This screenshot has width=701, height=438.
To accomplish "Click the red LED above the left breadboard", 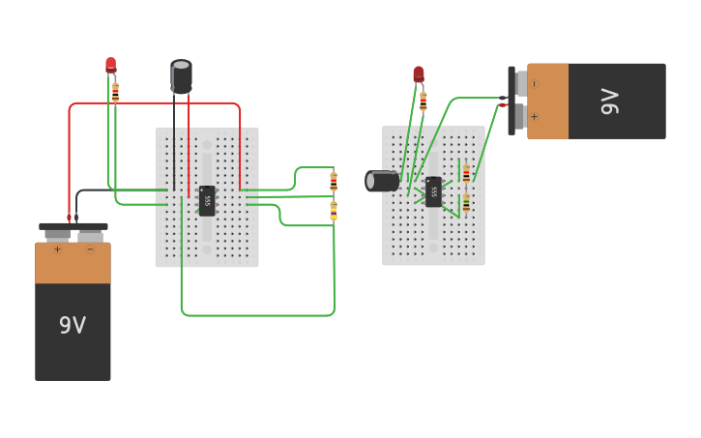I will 110,65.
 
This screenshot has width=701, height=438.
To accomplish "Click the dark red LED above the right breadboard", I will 419,73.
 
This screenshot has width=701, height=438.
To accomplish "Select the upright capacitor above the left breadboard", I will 181,76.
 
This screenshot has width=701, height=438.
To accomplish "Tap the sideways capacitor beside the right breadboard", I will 382,181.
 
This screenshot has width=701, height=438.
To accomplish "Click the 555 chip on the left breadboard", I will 207,200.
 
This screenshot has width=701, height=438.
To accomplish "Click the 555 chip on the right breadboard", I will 433,191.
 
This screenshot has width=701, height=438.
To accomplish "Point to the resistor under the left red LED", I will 115,93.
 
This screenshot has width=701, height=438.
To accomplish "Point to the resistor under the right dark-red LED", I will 423,102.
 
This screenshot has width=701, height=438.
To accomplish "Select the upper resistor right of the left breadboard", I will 334,181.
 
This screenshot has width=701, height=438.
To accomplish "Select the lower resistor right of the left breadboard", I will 334,210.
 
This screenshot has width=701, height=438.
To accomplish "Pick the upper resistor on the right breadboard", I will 466,174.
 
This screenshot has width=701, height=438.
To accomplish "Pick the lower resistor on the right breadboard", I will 466,203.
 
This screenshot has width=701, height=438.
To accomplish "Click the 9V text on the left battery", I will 73,325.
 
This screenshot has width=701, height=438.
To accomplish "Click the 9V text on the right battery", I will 610,102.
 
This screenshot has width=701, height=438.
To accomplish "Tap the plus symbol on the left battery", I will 57,249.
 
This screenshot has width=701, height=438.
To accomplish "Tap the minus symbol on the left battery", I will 90,249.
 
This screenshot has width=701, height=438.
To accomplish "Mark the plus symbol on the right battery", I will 535,118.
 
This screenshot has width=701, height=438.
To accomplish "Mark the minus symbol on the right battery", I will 535,84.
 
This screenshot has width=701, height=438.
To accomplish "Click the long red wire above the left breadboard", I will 155,102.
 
